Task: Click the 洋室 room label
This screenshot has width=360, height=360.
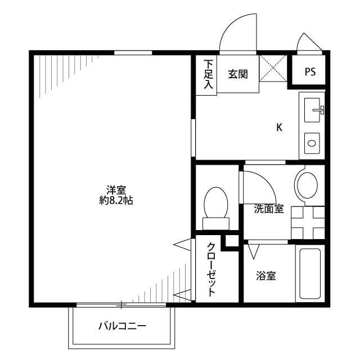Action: (x=116, y=189)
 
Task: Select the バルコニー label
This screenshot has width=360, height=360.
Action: (x=122, y=326)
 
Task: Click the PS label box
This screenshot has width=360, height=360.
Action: (x=310, y=71)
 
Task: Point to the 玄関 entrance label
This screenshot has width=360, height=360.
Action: (x=238, y=74)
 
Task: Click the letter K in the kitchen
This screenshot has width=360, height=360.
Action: (x=279, y=127)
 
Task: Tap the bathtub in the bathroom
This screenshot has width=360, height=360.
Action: (x=311, y=273)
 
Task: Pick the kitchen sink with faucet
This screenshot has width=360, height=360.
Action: (x=313, y=110)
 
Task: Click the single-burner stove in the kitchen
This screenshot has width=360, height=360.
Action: (x=312, y=143)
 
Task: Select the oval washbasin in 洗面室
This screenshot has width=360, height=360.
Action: (x=307, y=184)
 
